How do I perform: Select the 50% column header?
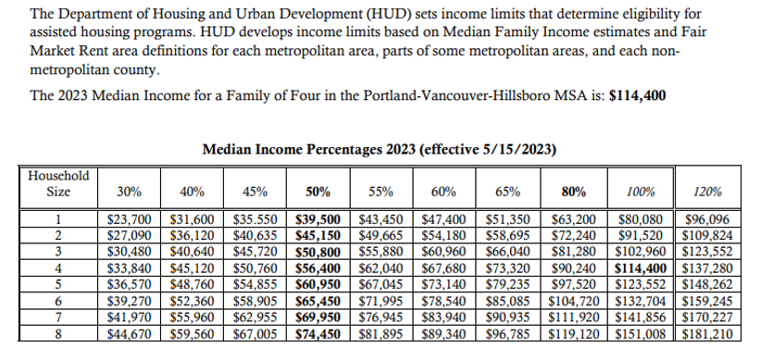click(x=318, y=192)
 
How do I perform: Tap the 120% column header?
click(x=708, y=192)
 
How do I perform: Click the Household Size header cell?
click(x=58, y=183)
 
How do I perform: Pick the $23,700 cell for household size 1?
click(x=130, y=220)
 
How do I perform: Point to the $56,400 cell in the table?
click(x=318, y=269)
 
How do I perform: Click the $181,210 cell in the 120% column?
click(x=708, y=333)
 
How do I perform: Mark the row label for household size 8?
click(x=58, y=333)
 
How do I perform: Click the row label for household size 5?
click(x=58, y=285)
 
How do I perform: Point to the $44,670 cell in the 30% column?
click(x=130, y=333)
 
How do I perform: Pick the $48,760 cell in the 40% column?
click(x=192, y=285)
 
